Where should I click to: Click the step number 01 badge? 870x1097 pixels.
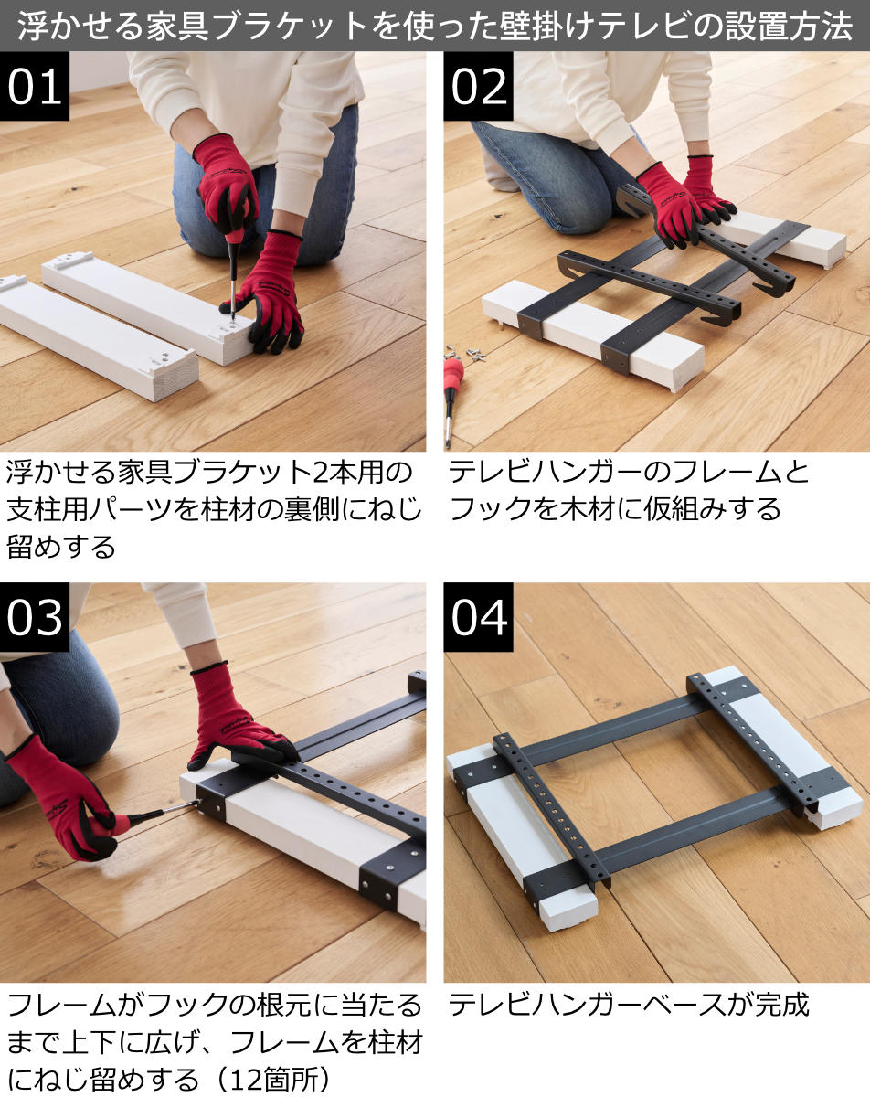point(35,86)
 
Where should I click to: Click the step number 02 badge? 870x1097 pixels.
point(478,86)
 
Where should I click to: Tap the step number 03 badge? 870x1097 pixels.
point(35,617)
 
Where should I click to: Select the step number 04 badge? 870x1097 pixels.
point(478,617)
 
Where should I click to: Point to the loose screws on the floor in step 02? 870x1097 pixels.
point(466,353)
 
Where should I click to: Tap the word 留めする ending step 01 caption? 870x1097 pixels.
point(60,547)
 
